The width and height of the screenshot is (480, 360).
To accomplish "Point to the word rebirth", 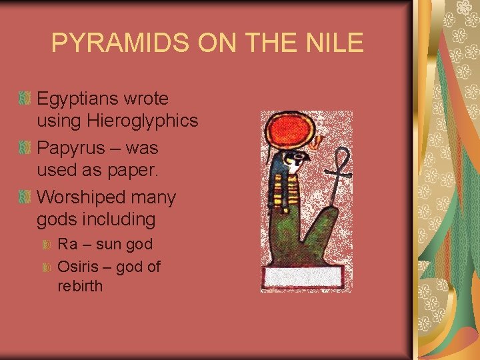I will (81, 287).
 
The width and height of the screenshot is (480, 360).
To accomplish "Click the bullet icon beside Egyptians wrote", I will (25, 99).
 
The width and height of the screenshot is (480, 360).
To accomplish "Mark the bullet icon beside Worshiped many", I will (25, 197).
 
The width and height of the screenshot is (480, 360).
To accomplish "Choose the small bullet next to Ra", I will (47, 246).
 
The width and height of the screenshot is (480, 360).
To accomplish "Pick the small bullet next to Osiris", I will (47, 267).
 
